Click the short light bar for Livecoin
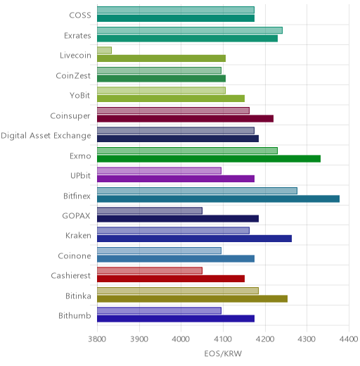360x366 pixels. point(104,50)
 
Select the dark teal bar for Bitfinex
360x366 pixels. point(218,198)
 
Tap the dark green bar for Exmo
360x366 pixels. point(209,159)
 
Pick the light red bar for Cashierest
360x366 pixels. point(150,271)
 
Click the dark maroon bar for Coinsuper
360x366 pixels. point(185,119)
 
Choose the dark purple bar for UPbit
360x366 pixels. point(176,179)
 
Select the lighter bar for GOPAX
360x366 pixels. point(150,210)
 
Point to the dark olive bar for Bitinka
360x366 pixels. point(192,299)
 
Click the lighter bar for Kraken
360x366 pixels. point(173,231)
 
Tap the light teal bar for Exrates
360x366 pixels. point(190,30)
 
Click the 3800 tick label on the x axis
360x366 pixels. point(97,339)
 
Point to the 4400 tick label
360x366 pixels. point(349,339)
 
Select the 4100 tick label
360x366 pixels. point(223,339)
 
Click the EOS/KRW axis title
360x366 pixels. point(223,353)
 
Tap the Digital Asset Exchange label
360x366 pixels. point(46,136)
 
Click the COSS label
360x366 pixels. point(80,15)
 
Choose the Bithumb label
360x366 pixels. point(75,315)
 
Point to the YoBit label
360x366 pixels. point(80,96)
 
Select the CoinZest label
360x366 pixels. point(73,75)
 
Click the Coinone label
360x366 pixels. point(75,255)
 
